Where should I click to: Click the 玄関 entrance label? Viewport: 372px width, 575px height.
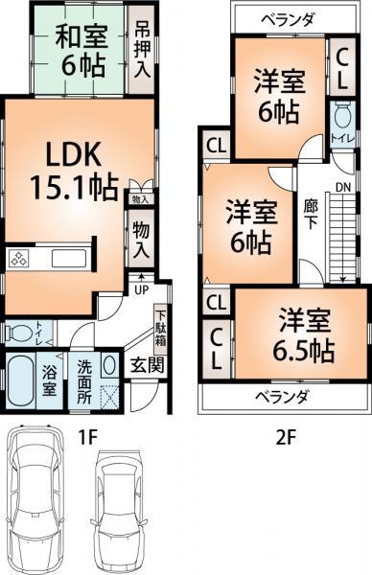tap(146, 364)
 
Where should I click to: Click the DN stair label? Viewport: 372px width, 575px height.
tap(343, 189)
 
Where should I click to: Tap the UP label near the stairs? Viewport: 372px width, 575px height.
tap(141, 289)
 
